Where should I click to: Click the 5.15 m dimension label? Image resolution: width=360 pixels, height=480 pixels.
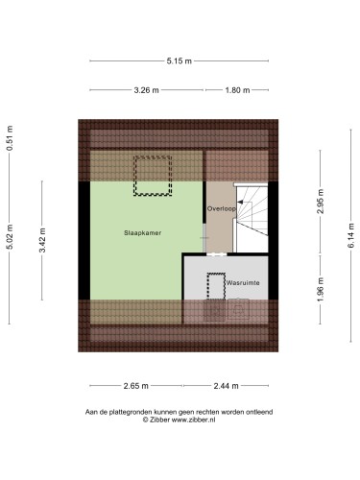pos(179,60)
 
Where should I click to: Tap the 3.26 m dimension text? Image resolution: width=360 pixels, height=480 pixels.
pos(146,90)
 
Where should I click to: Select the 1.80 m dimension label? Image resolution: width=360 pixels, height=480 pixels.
pos(237,90)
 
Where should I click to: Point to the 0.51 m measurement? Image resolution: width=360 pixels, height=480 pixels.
pos(11,138)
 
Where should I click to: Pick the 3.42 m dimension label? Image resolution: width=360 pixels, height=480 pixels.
pos(42,240)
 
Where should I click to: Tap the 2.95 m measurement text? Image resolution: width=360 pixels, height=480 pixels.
pos(321,202)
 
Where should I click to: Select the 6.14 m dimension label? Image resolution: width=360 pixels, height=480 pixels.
pos(351,235)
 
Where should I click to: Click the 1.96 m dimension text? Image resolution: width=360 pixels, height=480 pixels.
pos(321,289)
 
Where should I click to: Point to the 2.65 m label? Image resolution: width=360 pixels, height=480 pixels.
pos(136,386)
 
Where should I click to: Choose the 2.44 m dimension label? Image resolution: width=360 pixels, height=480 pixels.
pos(226,386)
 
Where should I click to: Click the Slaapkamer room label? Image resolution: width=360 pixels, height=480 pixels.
pos(143,233)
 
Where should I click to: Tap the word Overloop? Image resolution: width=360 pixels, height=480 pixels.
pos(222,208)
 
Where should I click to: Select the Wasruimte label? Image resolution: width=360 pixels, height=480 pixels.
pos(243,283)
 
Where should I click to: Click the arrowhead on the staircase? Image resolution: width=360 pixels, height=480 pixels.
pos(240,202)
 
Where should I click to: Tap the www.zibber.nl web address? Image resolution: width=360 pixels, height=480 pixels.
pos(193,420)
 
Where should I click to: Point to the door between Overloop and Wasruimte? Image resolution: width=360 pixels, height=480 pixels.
pos(217,254)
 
